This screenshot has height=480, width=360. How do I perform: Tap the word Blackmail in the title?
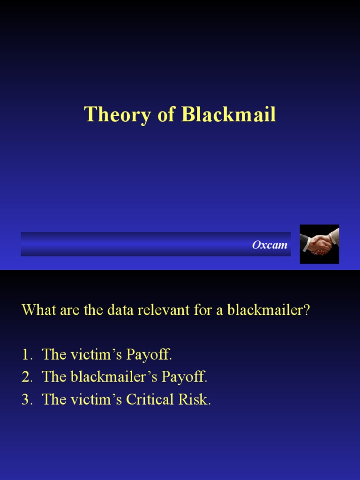pyautogui.click(x=229, y=115)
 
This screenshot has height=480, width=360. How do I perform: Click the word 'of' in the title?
pyautogui.click(x=166, y=115)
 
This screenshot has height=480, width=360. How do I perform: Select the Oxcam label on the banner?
pyautogui.click(x=270, y=245)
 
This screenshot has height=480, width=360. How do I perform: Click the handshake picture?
pyautogui.click(x=319, y=244)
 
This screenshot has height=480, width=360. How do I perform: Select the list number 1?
pyautogui.click(x=26, y=355)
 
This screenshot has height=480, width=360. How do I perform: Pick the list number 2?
pyautogui.click(x=26, y=377)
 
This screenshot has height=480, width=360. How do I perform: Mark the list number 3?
pyautogui.click(x=26, y=400)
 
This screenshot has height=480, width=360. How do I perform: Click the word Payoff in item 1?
pyautogui.click(x=150, y=355)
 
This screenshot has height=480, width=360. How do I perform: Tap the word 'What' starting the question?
pyautogui.click(x=37, y=310)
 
